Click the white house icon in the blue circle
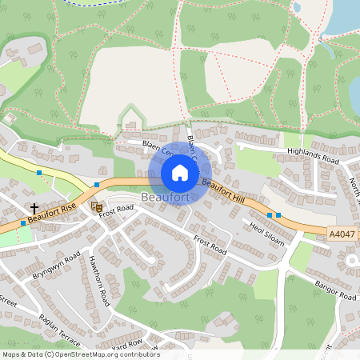click(x=180, y=172)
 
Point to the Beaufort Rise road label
click(x=51, y=213)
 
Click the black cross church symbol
click(x=34, y=206)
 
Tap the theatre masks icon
click(x=97, y=206)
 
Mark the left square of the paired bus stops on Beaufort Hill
click(x=270, y=215)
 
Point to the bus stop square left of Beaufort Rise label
click(x=23, y=223)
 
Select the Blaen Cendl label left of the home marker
click(x=158, y=149)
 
